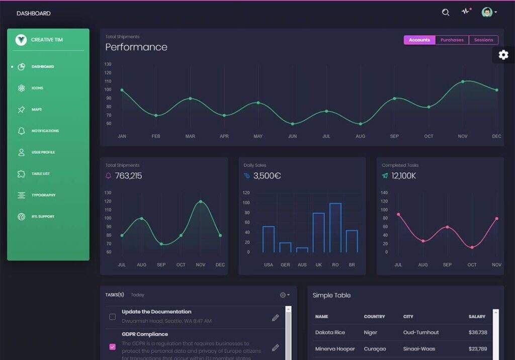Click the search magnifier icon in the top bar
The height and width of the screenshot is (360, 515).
[446, 13]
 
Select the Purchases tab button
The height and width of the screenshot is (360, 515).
[452, 40]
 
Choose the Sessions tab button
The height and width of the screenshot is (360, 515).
[483, 40]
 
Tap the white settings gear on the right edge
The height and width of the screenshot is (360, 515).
[503, 55]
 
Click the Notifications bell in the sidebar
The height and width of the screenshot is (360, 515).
[21, 131]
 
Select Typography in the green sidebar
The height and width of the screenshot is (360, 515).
[43, 195]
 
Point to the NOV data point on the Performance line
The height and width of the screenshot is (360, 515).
[463, 81]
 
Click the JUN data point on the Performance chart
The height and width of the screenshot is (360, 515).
[292, 124]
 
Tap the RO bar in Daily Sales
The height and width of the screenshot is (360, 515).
[335, 228]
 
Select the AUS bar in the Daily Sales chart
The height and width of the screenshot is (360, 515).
[302, 249]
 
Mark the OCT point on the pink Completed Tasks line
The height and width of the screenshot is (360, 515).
[472, 247]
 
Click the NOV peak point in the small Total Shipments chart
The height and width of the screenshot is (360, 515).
[201, 202]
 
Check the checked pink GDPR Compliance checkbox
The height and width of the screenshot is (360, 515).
[112, 346]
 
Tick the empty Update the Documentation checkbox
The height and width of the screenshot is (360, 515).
[112, 317]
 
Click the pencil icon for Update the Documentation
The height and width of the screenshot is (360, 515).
[275, 317]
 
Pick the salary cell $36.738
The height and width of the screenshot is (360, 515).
[477, 332]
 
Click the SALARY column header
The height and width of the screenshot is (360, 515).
[477, 317]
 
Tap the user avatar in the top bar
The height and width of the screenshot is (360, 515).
[486, 13]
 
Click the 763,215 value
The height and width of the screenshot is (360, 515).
[128, 176]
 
